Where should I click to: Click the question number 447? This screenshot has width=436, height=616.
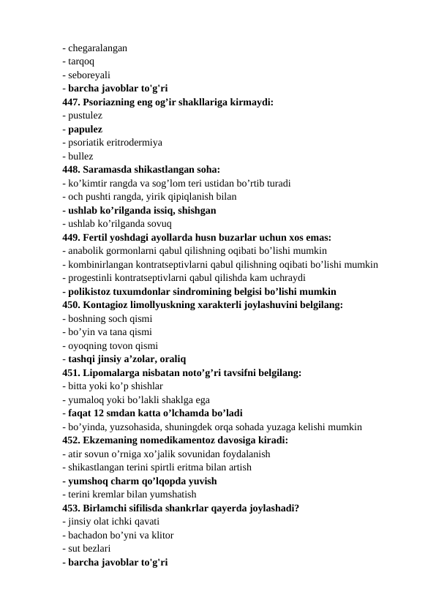[x=72, y=102]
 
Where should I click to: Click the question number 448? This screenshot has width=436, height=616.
[x=72, y=169]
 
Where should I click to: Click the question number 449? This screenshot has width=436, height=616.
[x=72, y=237]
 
